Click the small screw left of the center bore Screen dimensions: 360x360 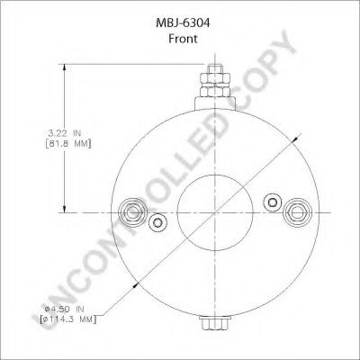click(158, 223)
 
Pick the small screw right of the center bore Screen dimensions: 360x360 click(268, 201)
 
